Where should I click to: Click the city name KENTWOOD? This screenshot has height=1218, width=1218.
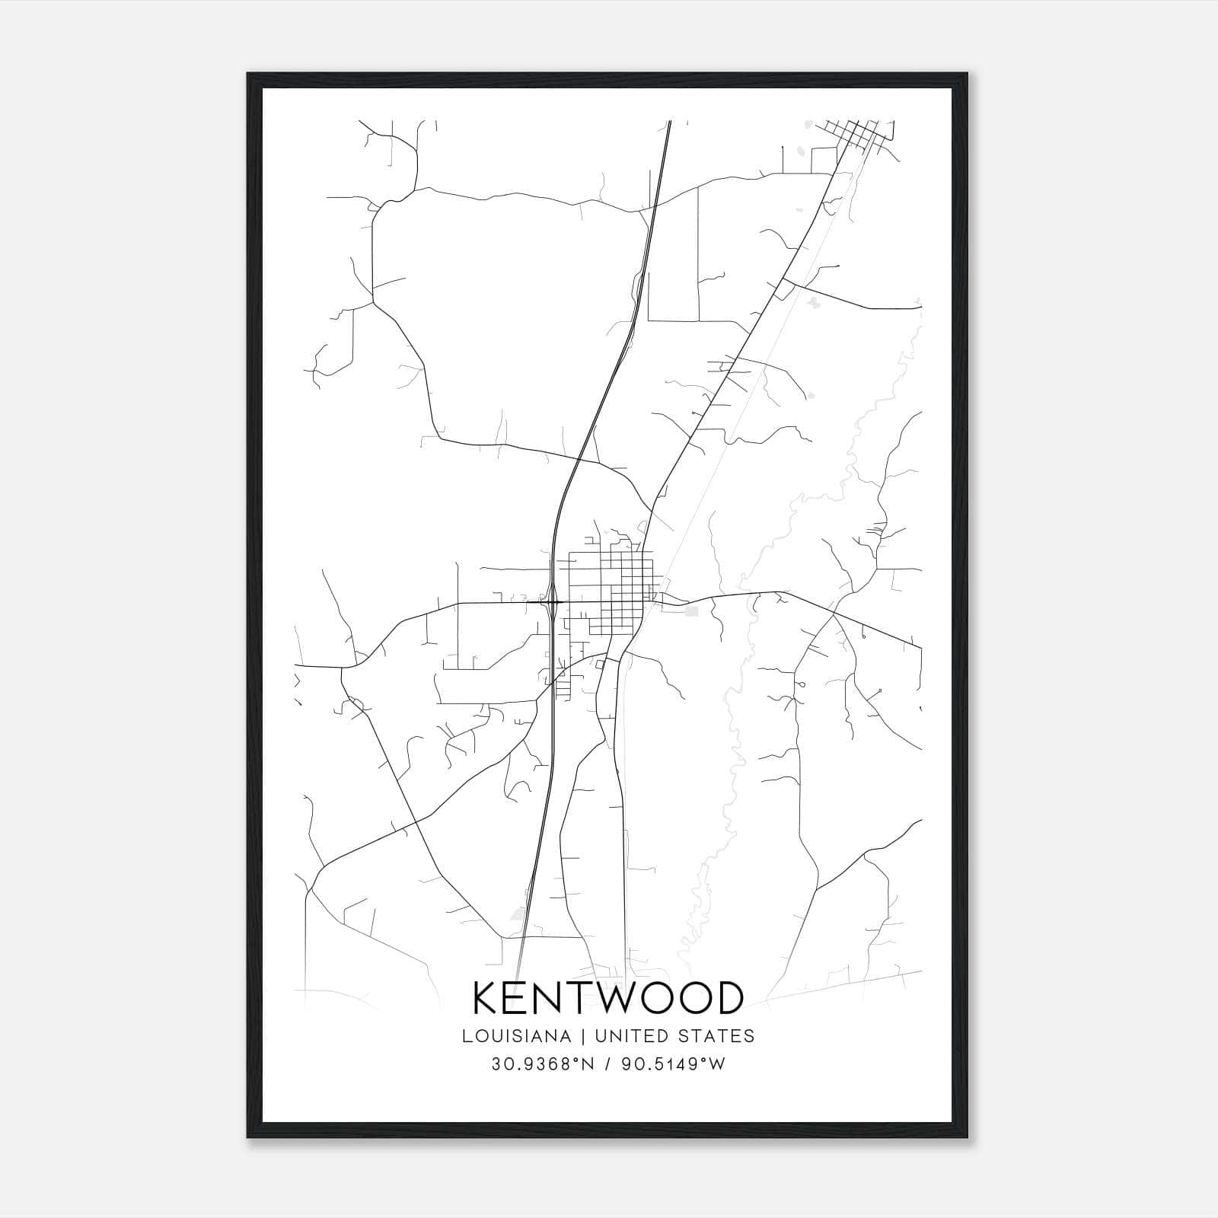click(x=608, y=998)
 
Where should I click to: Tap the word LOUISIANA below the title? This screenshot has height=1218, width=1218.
click(x=515, y=1036)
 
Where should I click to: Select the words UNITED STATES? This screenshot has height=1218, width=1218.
click(x=674, y=1036)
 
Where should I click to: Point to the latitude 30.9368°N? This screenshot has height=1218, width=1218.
click(x=542, y=1064)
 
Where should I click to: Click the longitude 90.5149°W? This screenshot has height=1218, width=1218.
click(x=673, y=1064)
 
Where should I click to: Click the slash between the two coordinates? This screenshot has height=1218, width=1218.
click(x=607, y=1064)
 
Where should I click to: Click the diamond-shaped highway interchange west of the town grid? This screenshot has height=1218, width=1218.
click(x=551, y=602)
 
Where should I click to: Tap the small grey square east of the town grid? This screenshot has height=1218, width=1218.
click(x=691, y=611)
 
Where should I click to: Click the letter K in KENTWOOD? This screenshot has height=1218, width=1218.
click(x=487, y=998)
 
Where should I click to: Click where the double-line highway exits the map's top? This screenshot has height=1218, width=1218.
click(x=668, y=122)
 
